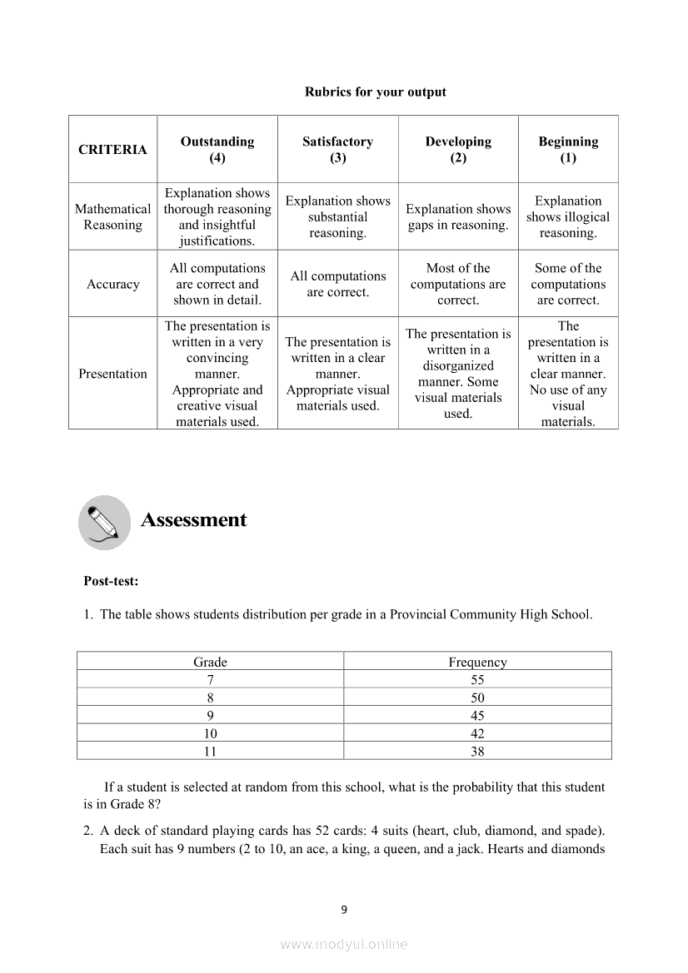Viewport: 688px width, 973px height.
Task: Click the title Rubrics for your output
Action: (375, 92)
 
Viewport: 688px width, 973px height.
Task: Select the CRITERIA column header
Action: (112, 150)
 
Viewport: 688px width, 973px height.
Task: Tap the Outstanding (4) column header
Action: (217, 150)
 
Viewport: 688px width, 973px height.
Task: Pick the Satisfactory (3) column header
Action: (337, 150)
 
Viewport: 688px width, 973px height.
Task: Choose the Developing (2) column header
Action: (458, 150)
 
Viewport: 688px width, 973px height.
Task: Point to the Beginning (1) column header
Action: (568, 150)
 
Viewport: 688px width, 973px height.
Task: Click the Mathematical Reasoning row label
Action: (112, 217)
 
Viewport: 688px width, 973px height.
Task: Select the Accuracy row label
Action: (112, 285)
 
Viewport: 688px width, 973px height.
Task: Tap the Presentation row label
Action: (112, 374)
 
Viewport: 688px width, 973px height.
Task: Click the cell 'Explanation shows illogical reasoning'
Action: (568, 217)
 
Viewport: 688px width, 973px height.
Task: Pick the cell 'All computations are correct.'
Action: (337, 285)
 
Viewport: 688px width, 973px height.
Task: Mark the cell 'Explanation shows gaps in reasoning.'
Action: (458, 217)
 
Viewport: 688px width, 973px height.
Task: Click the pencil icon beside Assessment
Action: (104, 523)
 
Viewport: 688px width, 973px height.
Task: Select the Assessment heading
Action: (194, 520)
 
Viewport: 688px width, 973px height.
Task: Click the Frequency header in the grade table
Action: (477, 663)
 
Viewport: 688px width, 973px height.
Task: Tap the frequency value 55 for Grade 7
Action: (477, 680)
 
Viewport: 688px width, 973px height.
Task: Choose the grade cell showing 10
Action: (210, 734)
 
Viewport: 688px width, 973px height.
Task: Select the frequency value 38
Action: (477, 752)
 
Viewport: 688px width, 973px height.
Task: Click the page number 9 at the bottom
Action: (344, 910)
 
